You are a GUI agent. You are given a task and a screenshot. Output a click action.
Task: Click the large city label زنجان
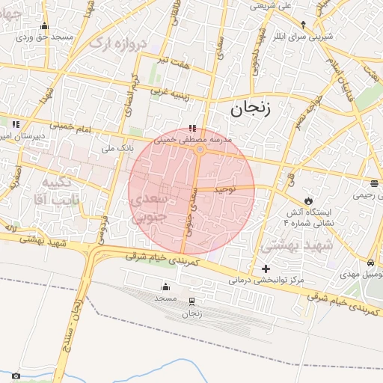(248, 110)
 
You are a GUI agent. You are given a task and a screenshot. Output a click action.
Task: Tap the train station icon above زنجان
(192, 302)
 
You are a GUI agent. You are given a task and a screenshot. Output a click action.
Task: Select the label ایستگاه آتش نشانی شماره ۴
(314, 218)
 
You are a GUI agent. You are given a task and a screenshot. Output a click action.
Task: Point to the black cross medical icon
(266, 269)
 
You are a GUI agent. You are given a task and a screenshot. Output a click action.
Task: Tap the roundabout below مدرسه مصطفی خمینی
(200, 150)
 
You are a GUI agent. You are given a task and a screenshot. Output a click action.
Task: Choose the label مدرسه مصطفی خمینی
(194, 139)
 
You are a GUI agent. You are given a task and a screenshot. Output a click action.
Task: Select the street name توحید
(225, 190)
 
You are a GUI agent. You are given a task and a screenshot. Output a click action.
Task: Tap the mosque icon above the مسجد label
(165, 287)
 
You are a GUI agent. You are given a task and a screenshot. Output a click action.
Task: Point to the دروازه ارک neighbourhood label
(115, 44)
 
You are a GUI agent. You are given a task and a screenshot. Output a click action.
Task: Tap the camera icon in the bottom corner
(16, 376)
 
